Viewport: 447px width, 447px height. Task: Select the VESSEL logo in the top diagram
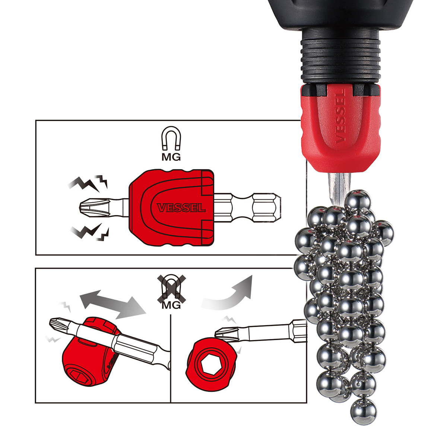(181, 207)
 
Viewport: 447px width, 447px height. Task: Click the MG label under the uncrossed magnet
(171, 157)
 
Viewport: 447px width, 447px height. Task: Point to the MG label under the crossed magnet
(171, 305)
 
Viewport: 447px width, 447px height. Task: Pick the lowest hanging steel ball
(364, 411)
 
